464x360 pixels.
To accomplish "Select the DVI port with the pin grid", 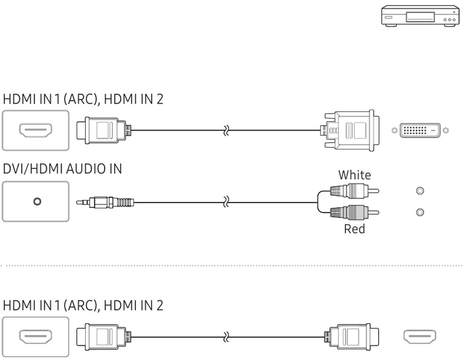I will [420, 131].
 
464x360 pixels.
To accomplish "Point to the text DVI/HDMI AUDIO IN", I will [63, 169].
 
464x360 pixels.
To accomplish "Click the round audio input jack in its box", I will [36, 202].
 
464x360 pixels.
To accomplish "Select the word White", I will [354, 175].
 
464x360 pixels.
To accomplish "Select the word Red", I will [354, 229].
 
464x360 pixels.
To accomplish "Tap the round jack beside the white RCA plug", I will [420, 191].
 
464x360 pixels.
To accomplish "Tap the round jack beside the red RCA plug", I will [420, 213].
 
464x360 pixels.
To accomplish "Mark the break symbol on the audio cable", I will [226, 202].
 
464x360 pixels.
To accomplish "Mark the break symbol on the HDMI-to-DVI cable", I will [226, 131].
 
